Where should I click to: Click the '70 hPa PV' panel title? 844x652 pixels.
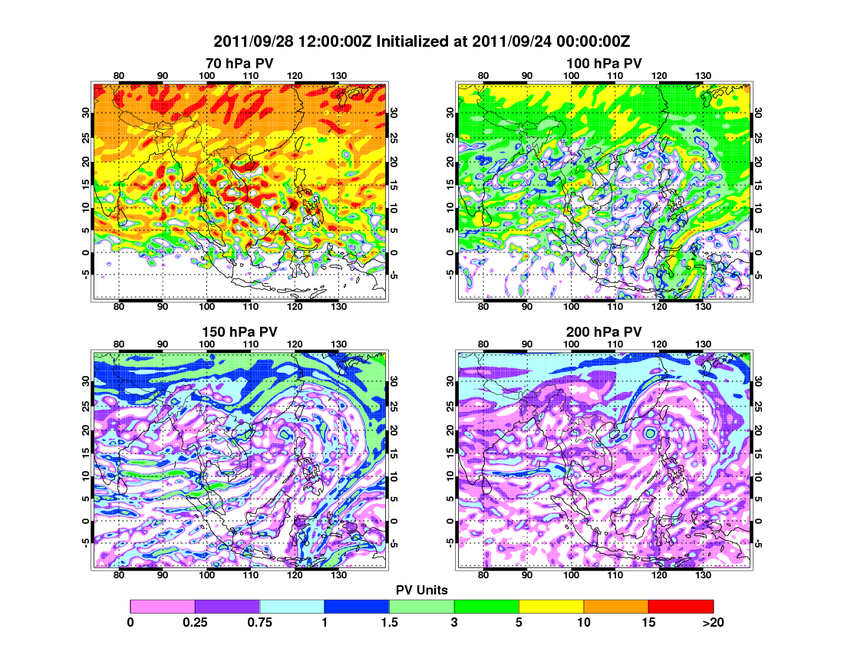(239, 63)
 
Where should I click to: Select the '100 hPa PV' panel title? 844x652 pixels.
(604, 63)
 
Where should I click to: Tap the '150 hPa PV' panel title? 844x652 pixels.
(239, 331)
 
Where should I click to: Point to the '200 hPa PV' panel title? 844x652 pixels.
(604, 331)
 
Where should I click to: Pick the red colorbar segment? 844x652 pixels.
(681, 606)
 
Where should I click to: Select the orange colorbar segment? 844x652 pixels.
(616, 606)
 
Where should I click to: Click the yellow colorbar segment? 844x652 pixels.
(551, 606)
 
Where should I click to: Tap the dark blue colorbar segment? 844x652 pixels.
(357, 606)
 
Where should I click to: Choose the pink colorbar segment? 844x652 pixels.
(163, 606)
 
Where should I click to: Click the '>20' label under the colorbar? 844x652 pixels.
(713, 623)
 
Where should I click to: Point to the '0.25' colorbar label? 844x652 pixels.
(195, 623)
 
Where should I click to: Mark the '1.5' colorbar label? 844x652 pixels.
(390, 623)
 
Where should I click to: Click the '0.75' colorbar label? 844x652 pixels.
(260, 623)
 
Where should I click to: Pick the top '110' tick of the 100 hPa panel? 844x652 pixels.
(615, 75)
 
